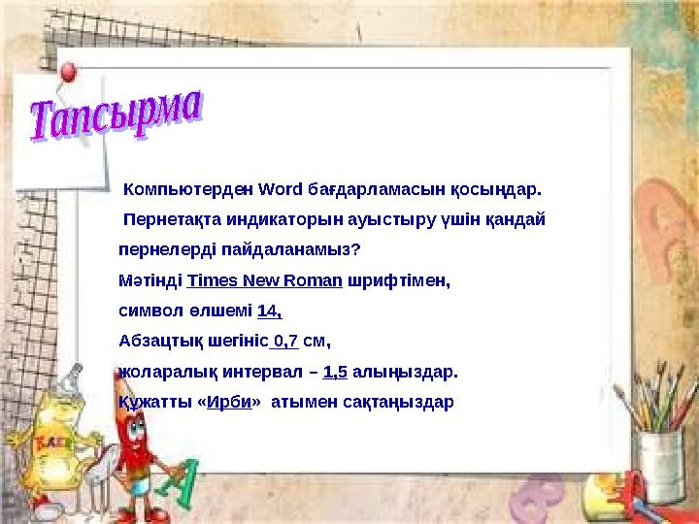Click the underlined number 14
point(269,311)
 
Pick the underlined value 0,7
point(284,342)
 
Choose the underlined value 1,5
point(335,372)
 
